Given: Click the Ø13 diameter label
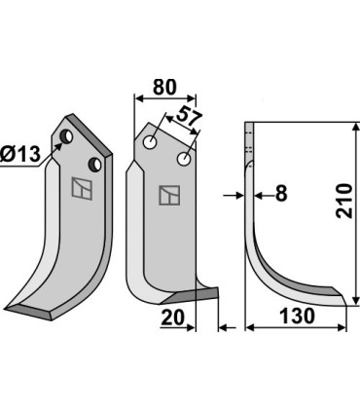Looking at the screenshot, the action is (20, 154).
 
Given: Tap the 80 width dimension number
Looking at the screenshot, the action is (164, 87).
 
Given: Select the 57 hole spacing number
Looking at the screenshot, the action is (189, 116).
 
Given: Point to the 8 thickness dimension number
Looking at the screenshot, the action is (281, 194).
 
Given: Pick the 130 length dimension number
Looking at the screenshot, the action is (297, 316).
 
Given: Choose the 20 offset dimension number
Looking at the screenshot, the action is (172, 318).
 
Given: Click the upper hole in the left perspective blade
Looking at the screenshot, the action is (66, 136).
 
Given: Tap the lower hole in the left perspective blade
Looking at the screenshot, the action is (95, 164).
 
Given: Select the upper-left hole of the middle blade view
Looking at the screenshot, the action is (150, 142).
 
